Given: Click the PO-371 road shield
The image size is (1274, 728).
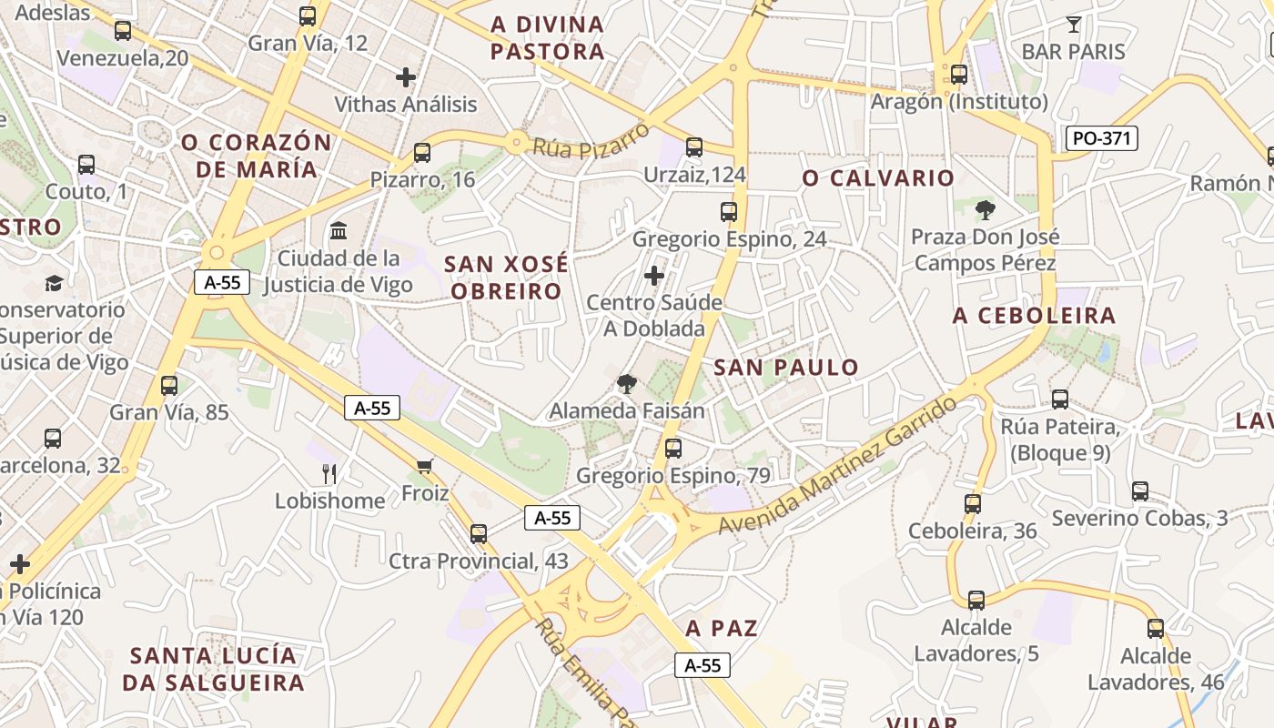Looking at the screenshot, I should pos(1101,138).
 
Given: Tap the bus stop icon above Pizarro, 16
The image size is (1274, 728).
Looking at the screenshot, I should pos(421,152).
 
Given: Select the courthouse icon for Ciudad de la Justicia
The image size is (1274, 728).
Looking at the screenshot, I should pos(339,230).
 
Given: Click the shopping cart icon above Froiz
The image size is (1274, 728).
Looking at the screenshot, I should pos(424,467).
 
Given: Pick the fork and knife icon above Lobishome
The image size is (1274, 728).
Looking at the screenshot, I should pos(329,473).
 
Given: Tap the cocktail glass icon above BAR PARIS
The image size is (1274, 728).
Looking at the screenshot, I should pos(1074,25).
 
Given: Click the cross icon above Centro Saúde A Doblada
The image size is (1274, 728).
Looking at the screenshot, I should pos(653,275).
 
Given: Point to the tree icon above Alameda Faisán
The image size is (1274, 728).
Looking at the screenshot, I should pos(626,384).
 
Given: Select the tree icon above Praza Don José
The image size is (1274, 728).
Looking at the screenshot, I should pos(984,211).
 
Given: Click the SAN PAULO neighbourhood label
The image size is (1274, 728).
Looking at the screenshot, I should pos(786,368).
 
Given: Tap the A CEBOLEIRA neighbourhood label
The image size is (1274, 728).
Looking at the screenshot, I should pos(1034,316).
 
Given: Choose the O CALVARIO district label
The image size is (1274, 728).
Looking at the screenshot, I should pos(878,178).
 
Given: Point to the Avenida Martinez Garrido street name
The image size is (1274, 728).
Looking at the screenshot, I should pos(837,466).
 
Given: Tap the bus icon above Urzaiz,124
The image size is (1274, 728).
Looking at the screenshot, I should pos(694,147).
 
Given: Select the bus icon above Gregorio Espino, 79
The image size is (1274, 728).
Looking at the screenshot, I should pos(672,448).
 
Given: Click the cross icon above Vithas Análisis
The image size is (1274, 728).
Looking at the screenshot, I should pos(406,77).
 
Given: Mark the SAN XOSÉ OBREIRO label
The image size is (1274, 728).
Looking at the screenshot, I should pos(506,278).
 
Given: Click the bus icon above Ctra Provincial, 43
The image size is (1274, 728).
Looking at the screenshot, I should pos(479,533).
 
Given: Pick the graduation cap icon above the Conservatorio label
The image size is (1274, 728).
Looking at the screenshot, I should pos(55,283).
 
